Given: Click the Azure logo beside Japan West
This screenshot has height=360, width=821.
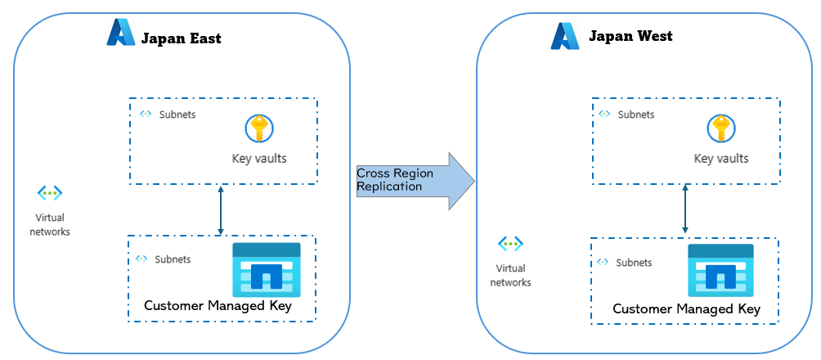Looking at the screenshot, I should coord(564,36).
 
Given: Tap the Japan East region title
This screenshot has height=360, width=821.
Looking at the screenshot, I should coord(181,38).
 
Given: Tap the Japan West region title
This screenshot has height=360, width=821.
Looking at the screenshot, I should coord(630,36).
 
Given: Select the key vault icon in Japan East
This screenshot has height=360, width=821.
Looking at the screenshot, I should coord(259,128).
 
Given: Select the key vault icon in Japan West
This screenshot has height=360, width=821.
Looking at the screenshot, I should coord(721,128).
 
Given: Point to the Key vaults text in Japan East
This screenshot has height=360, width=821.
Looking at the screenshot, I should coord(259,158).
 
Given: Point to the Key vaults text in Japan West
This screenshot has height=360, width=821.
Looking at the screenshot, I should coord(721,159).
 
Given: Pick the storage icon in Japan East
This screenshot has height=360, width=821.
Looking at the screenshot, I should coord(267,269).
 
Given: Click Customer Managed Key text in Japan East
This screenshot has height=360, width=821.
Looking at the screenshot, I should coord(218,306).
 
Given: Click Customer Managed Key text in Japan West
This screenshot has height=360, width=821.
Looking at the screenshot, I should coord(686,308).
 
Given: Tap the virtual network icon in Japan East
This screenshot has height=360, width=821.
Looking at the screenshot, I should coord(50,193).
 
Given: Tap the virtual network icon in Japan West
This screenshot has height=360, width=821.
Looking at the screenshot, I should coord(510,244).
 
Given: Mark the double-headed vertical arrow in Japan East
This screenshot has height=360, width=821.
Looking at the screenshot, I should coord(221,210).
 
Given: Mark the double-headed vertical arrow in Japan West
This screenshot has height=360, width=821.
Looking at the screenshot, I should coord(684,210).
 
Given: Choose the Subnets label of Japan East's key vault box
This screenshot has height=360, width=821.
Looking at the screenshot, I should coord(177,115).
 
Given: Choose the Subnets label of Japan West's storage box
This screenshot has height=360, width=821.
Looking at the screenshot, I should coord(634,263).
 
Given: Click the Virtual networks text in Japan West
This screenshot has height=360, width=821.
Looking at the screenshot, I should coord(510,276).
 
